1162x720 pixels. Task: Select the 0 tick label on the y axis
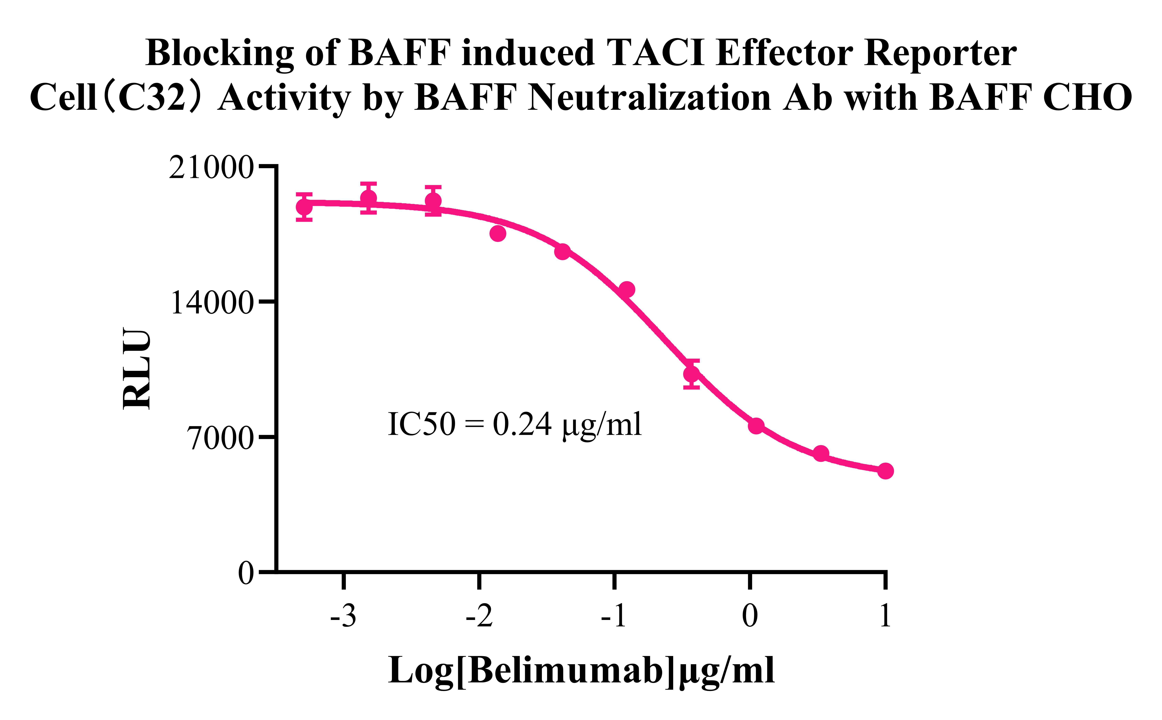pyautogui.click(x=246, y=573)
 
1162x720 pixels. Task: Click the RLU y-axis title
pyautogui.click(x=137, y=368)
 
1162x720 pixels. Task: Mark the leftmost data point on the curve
pyautogui.click(x=304, y=207)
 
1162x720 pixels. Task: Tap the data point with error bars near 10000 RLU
pyautogui.click(x=691, y=374)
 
